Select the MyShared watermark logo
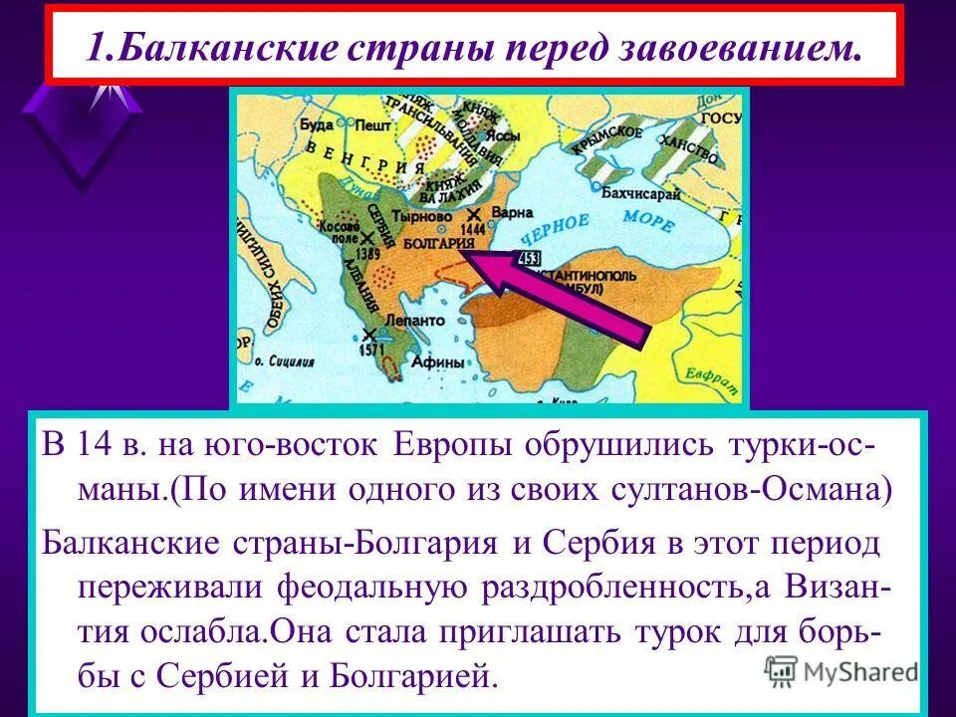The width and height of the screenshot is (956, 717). (x=842, y=671)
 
